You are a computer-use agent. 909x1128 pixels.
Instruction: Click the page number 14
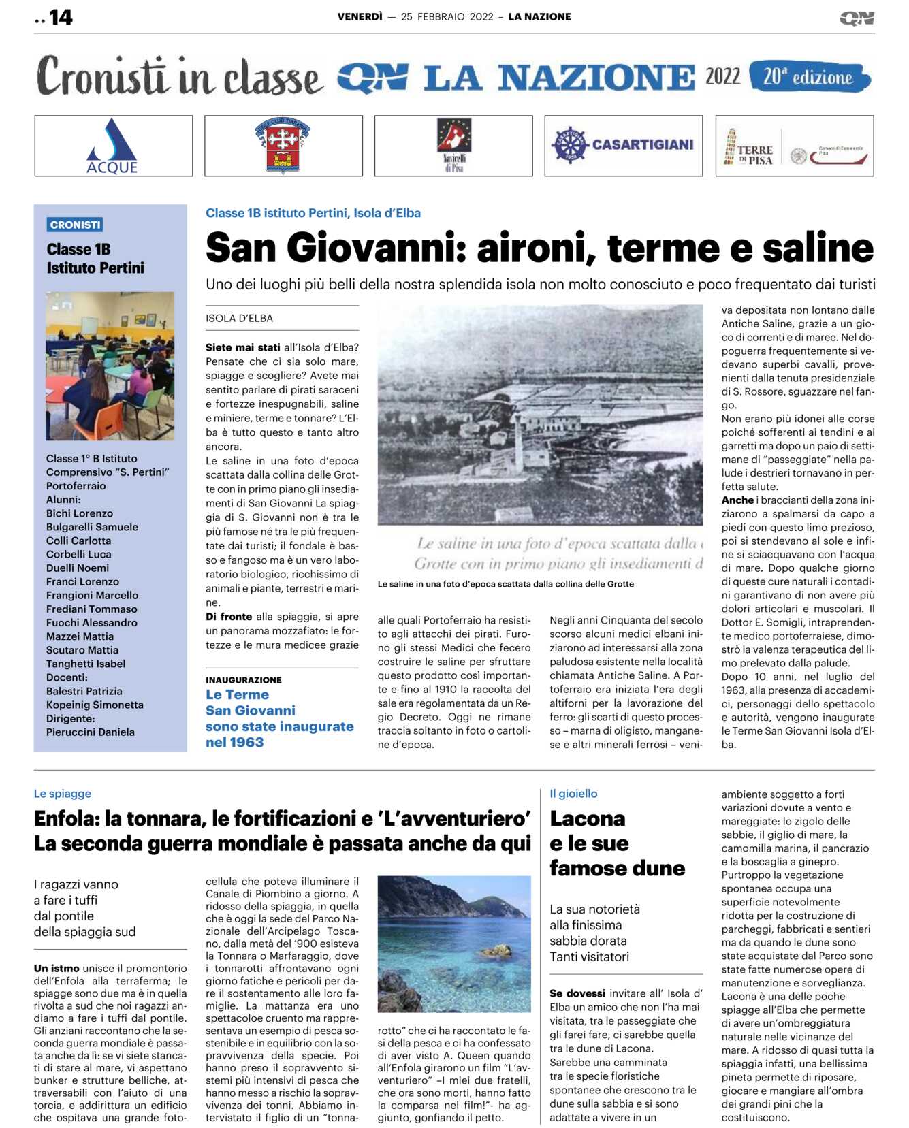(x=61, y=17)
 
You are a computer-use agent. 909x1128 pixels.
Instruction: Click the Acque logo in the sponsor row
(x=113, y=146)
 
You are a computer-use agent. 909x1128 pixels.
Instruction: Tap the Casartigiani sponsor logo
(x=623, y=145)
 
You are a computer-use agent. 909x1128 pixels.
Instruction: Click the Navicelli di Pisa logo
(x=454, y=145)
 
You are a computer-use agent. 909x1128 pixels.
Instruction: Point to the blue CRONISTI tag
(x=76, y=225)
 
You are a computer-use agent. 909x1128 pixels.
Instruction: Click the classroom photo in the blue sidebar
(x=110, y=366)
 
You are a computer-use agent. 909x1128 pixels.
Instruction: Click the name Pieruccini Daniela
(x=91, y=732)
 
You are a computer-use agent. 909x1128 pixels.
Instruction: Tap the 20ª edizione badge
(x=809, y=77)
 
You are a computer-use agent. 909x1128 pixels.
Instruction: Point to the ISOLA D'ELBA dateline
(x=239, y=318)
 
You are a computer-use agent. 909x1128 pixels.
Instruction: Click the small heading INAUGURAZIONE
(x=244, y=679)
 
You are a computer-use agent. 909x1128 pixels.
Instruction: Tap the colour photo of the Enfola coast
(x=454, y=944)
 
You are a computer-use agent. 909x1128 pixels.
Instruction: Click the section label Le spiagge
(x=63, y=793)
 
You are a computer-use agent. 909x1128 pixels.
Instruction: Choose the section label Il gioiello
(x=573, y=793)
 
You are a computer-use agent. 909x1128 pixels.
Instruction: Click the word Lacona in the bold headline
(x=588, y=818)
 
